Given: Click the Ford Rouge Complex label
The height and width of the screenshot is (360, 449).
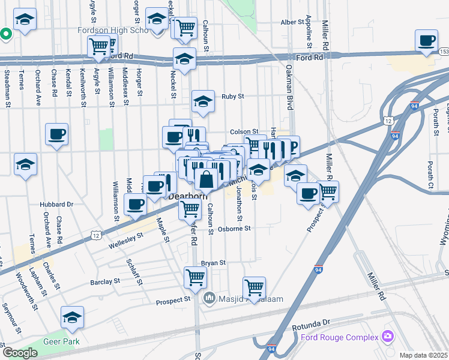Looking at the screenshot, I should [340, 337].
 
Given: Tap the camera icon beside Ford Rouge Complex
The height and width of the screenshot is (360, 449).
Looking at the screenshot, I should [388, 336].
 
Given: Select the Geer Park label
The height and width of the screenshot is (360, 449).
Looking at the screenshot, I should [61, 341].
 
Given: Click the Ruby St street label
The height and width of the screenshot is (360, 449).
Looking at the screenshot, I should [233, 96].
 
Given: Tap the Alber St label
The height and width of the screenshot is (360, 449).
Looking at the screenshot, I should [292, 22].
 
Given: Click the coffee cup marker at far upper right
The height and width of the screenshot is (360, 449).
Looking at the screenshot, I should [427, 41].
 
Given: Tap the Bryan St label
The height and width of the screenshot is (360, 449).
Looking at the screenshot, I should [213, 263].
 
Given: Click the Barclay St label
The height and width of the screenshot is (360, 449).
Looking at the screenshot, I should [105, 281].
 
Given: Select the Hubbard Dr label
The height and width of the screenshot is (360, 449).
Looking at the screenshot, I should [56, 205].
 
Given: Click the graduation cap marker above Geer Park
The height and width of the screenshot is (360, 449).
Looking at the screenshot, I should [72, 317].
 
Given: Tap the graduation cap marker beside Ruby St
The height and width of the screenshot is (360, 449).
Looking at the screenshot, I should [203, 101].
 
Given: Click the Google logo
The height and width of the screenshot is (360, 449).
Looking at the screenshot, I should [20, 353].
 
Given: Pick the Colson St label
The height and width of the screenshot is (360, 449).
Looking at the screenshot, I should [244, 132].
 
